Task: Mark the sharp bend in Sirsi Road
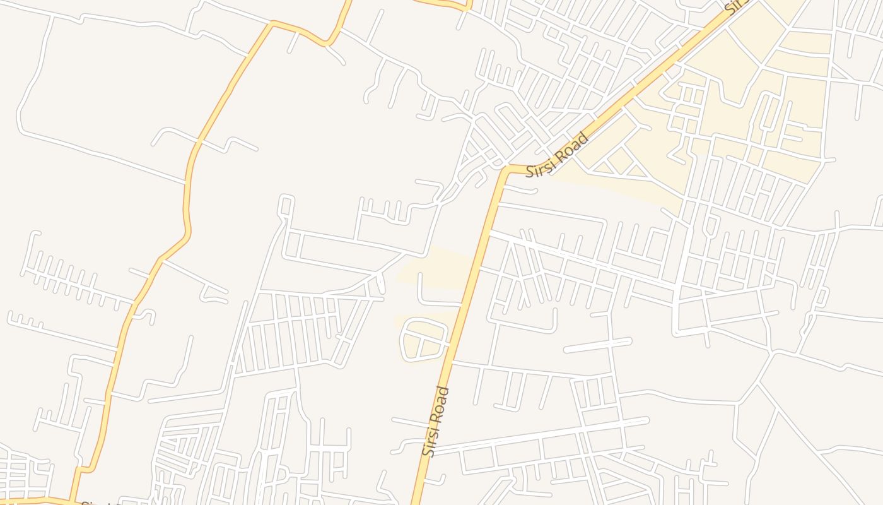click(506, 170)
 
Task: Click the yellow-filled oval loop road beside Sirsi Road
click(424, 340)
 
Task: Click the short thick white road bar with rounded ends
click(597, 345)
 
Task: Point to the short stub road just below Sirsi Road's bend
click(518, 190)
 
